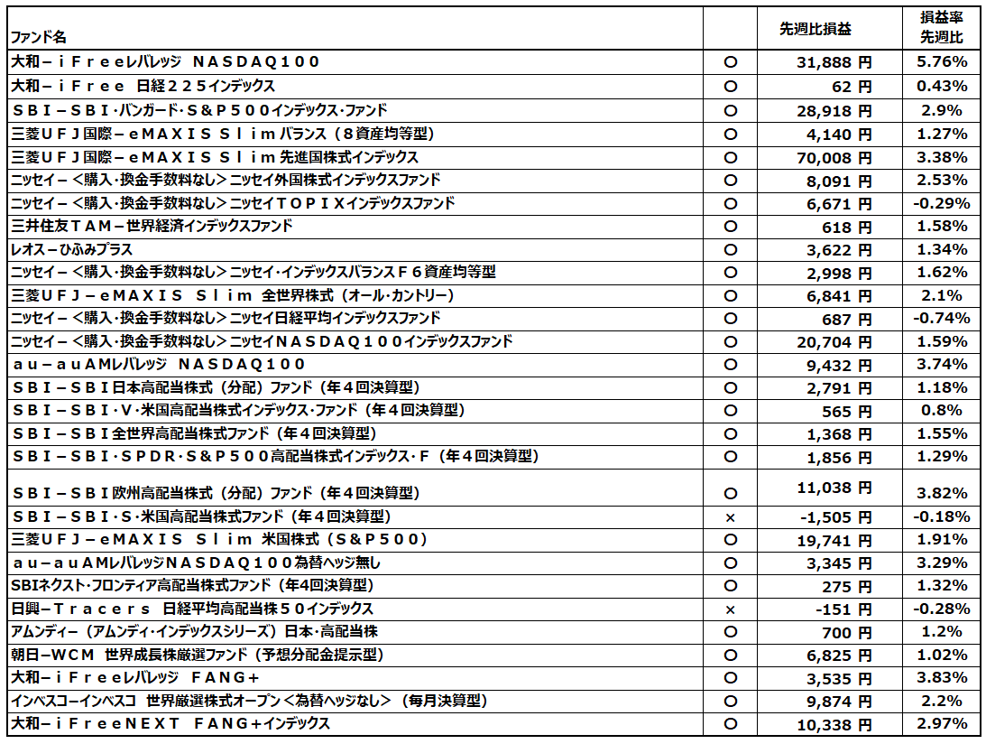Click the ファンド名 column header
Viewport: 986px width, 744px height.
[x=38, y=38]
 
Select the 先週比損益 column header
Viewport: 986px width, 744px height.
[x=816, y=29]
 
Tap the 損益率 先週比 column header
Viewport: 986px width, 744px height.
[x=941, y=27]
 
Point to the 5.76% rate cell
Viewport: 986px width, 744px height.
[x=941, y=63]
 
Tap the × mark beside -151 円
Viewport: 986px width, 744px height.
[x=731, y=609]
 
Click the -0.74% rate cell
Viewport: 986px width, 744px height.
[x=941, y=319]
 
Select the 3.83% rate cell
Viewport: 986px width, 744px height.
[x=941, y=678]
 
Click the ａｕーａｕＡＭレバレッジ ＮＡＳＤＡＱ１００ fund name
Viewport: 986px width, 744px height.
[x=160, y=364]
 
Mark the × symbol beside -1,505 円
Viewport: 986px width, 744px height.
[x=731, y=517]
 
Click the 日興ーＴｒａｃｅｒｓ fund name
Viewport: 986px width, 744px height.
[x=191, y=609]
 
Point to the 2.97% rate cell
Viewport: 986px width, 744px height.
[x=941, y=724]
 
